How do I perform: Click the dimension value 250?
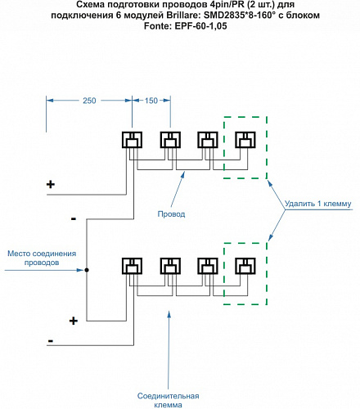[x=89, y=101]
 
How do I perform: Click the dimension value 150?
[x=151, y=101]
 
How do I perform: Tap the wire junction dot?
[x=87, y=270]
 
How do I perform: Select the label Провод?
[x=171, y=214]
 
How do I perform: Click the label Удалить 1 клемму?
[x=318, y=204]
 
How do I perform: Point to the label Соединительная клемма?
[x=168, y=400]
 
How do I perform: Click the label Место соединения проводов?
[x=42, y=258]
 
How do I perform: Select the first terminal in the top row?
[x=132, y=140]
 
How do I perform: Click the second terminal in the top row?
[x=170, y=140]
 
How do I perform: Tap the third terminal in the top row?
[x=208, y=140]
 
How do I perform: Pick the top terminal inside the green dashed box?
[x=245, y=140]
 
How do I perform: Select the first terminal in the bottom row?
[x=132, y=266]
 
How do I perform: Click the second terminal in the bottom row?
[x=170, y=266]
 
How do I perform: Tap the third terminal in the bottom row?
[x=208, y=266]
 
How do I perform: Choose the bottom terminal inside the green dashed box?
[x=245, y=266]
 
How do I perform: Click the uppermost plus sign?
[x=51, y=185]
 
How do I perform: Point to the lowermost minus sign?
[x=51, y=341]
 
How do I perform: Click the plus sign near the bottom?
[x=74, y=321]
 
